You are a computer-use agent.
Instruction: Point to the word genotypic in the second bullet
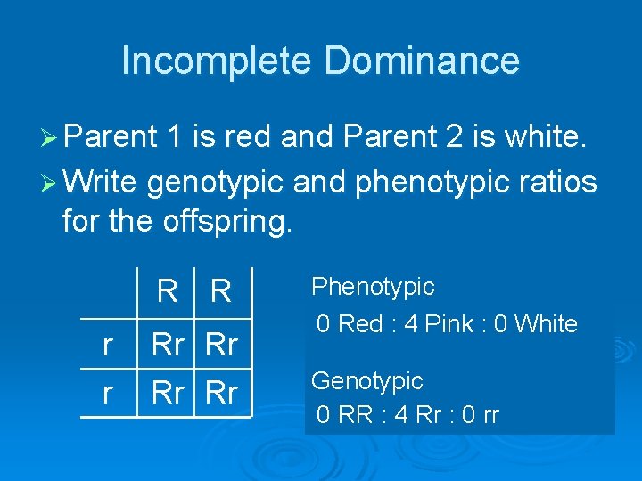(x=215, y=183)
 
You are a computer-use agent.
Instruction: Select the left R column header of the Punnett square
(x=167, y=291)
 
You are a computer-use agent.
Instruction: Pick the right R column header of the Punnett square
(x=220, y=291)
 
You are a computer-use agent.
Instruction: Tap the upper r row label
(x=108, y=346)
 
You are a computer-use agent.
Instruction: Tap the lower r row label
(x=108, y=393)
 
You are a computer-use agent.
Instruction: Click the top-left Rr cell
(x=169, y=346)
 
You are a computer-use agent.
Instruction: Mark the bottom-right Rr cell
(x=222, y=393)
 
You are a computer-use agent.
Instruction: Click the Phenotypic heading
(x=372, y=287)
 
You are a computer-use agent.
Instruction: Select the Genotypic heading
(x=366, y=381)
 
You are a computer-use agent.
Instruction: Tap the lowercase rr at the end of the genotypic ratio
(x=490, y=416)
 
